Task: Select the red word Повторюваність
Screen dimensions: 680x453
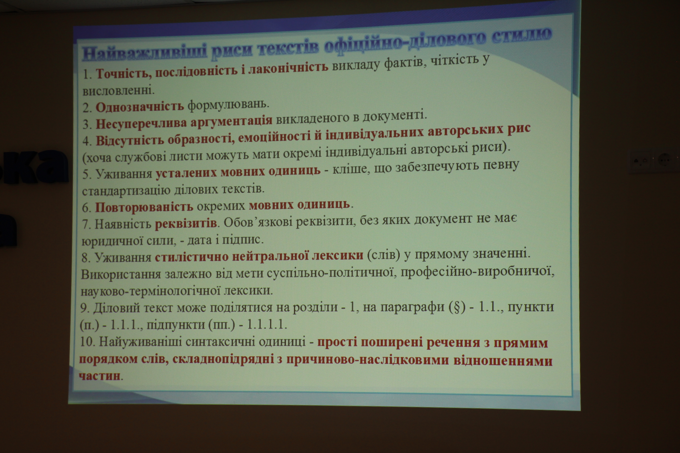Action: coord(144,207)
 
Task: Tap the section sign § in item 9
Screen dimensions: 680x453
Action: coord(457,307)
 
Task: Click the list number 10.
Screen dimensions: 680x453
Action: coord(87,342)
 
